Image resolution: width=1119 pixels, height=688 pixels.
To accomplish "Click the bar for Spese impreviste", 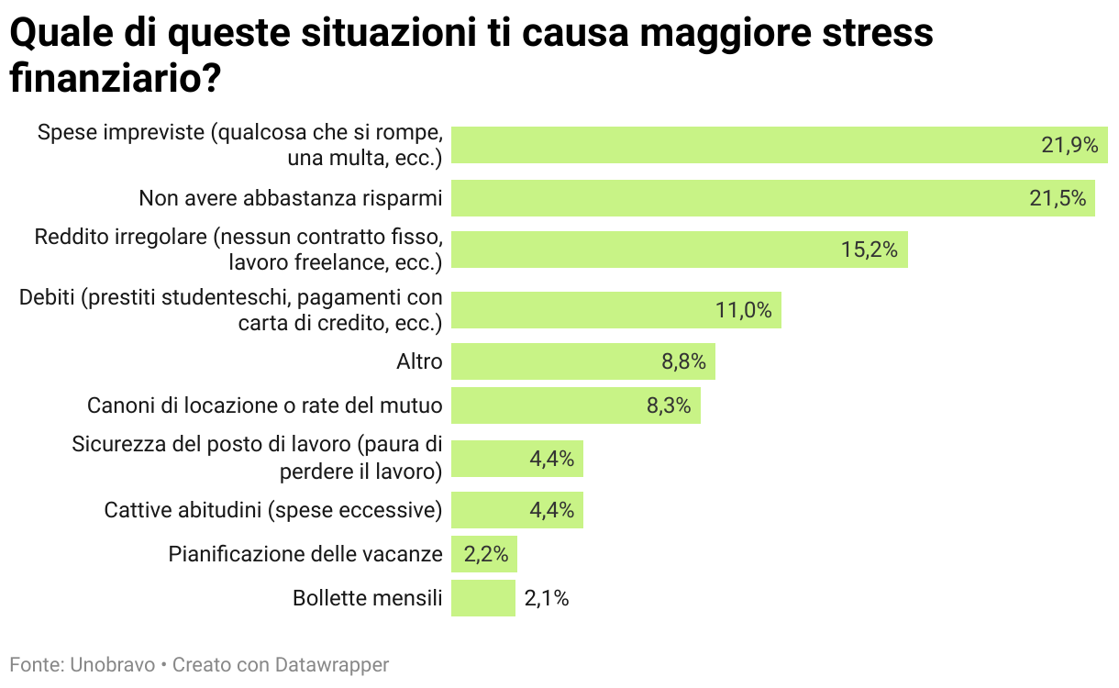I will click(780, 145).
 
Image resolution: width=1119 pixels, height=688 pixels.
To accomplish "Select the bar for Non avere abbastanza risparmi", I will click(773, 198).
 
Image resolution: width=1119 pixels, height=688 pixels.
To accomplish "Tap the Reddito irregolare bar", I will click(679, 250).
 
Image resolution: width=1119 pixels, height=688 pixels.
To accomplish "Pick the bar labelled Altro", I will click(582, 361).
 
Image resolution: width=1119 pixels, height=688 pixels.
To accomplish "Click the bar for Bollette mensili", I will click(483, 598).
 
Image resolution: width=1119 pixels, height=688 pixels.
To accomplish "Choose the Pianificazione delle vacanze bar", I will click(484, 554).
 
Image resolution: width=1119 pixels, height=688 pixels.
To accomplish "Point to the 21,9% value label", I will click(1069, 145).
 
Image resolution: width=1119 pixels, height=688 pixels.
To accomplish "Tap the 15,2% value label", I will click(869, 250).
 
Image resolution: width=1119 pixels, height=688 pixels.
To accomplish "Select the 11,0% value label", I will click(743, 310).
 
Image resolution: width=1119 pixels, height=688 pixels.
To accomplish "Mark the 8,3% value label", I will click(669, 405).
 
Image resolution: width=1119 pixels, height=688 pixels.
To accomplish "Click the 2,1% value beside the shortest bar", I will click(547, 598).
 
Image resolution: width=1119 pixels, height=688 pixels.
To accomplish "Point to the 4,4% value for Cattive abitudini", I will click(551, 510).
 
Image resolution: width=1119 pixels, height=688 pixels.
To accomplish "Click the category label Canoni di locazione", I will click(264, 405).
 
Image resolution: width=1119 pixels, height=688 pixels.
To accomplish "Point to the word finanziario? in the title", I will click(115, 78).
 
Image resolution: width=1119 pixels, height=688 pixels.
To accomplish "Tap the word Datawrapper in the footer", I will click(339, 665).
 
